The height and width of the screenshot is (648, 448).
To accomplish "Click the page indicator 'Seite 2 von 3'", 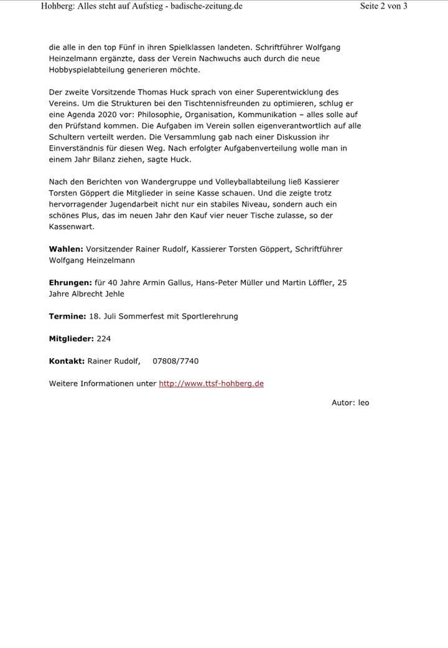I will click(x=383, y=6).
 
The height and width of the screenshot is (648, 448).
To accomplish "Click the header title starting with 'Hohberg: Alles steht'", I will click(x=141, y=6).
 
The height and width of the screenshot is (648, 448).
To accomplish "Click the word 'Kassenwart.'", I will click(x=72, y=226).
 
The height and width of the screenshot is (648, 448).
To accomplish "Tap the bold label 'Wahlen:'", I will click(x=66, y=249).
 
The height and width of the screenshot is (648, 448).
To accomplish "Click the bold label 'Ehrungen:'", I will click(x=70, y=282).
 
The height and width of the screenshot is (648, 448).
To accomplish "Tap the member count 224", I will click(x=104, y=338).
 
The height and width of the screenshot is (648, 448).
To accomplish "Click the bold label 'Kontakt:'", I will click(x=67, y=361).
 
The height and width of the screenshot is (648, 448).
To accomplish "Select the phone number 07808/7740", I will click(x=175, y=361).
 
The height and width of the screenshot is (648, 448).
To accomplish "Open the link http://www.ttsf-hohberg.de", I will click(x=211, y=383).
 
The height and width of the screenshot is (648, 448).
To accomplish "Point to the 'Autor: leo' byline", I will click(x=350, y=403).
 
